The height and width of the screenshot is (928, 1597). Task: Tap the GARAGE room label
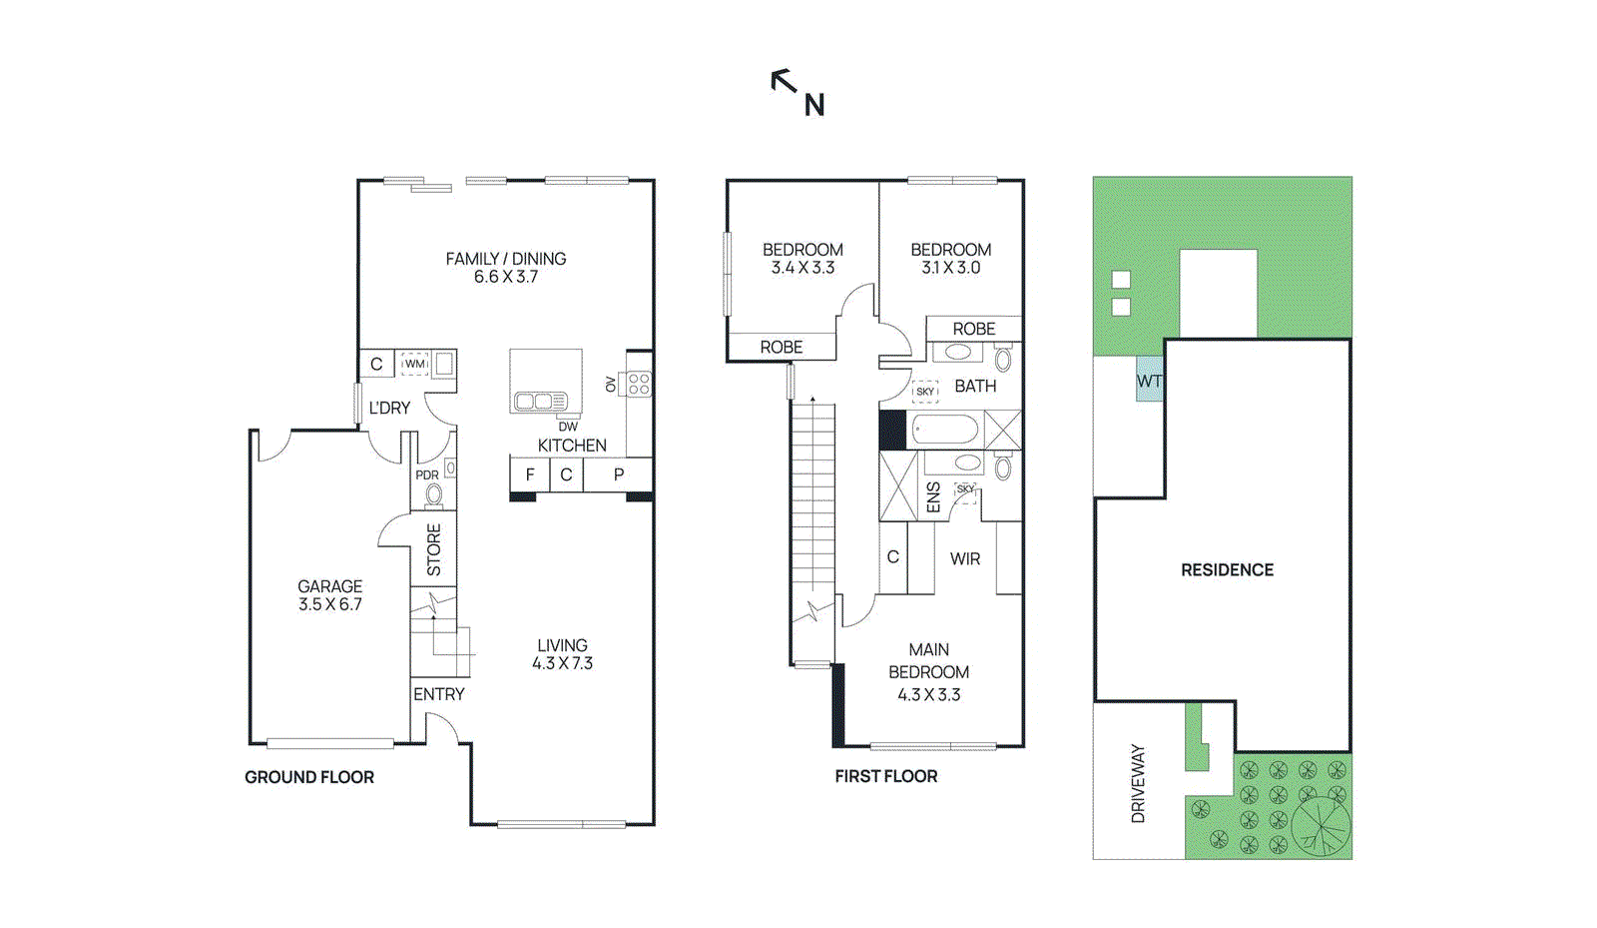329,586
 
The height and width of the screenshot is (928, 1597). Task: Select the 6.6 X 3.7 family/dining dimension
505,277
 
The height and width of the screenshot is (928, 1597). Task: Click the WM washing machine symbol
414,364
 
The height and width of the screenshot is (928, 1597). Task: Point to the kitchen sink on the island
540,402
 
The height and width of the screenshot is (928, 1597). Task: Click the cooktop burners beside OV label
639,384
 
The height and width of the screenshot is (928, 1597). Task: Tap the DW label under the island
567,427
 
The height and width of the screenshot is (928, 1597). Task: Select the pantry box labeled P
619,474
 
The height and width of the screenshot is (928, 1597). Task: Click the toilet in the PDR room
434,494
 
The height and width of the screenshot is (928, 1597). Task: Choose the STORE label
434,549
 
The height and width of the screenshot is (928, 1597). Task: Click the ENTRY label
439,694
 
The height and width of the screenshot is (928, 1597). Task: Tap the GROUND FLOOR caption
309,777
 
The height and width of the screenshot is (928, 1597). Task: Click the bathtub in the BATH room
944,431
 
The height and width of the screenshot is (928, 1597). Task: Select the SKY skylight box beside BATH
925,392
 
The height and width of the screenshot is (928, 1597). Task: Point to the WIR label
964,559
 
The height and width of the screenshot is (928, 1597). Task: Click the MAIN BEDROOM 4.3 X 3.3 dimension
928,695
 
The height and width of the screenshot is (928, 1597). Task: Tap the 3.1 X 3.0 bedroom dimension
950,268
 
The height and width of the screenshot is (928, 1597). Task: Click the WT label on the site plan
1149,382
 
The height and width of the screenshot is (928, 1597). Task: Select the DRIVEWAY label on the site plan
1138,784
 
